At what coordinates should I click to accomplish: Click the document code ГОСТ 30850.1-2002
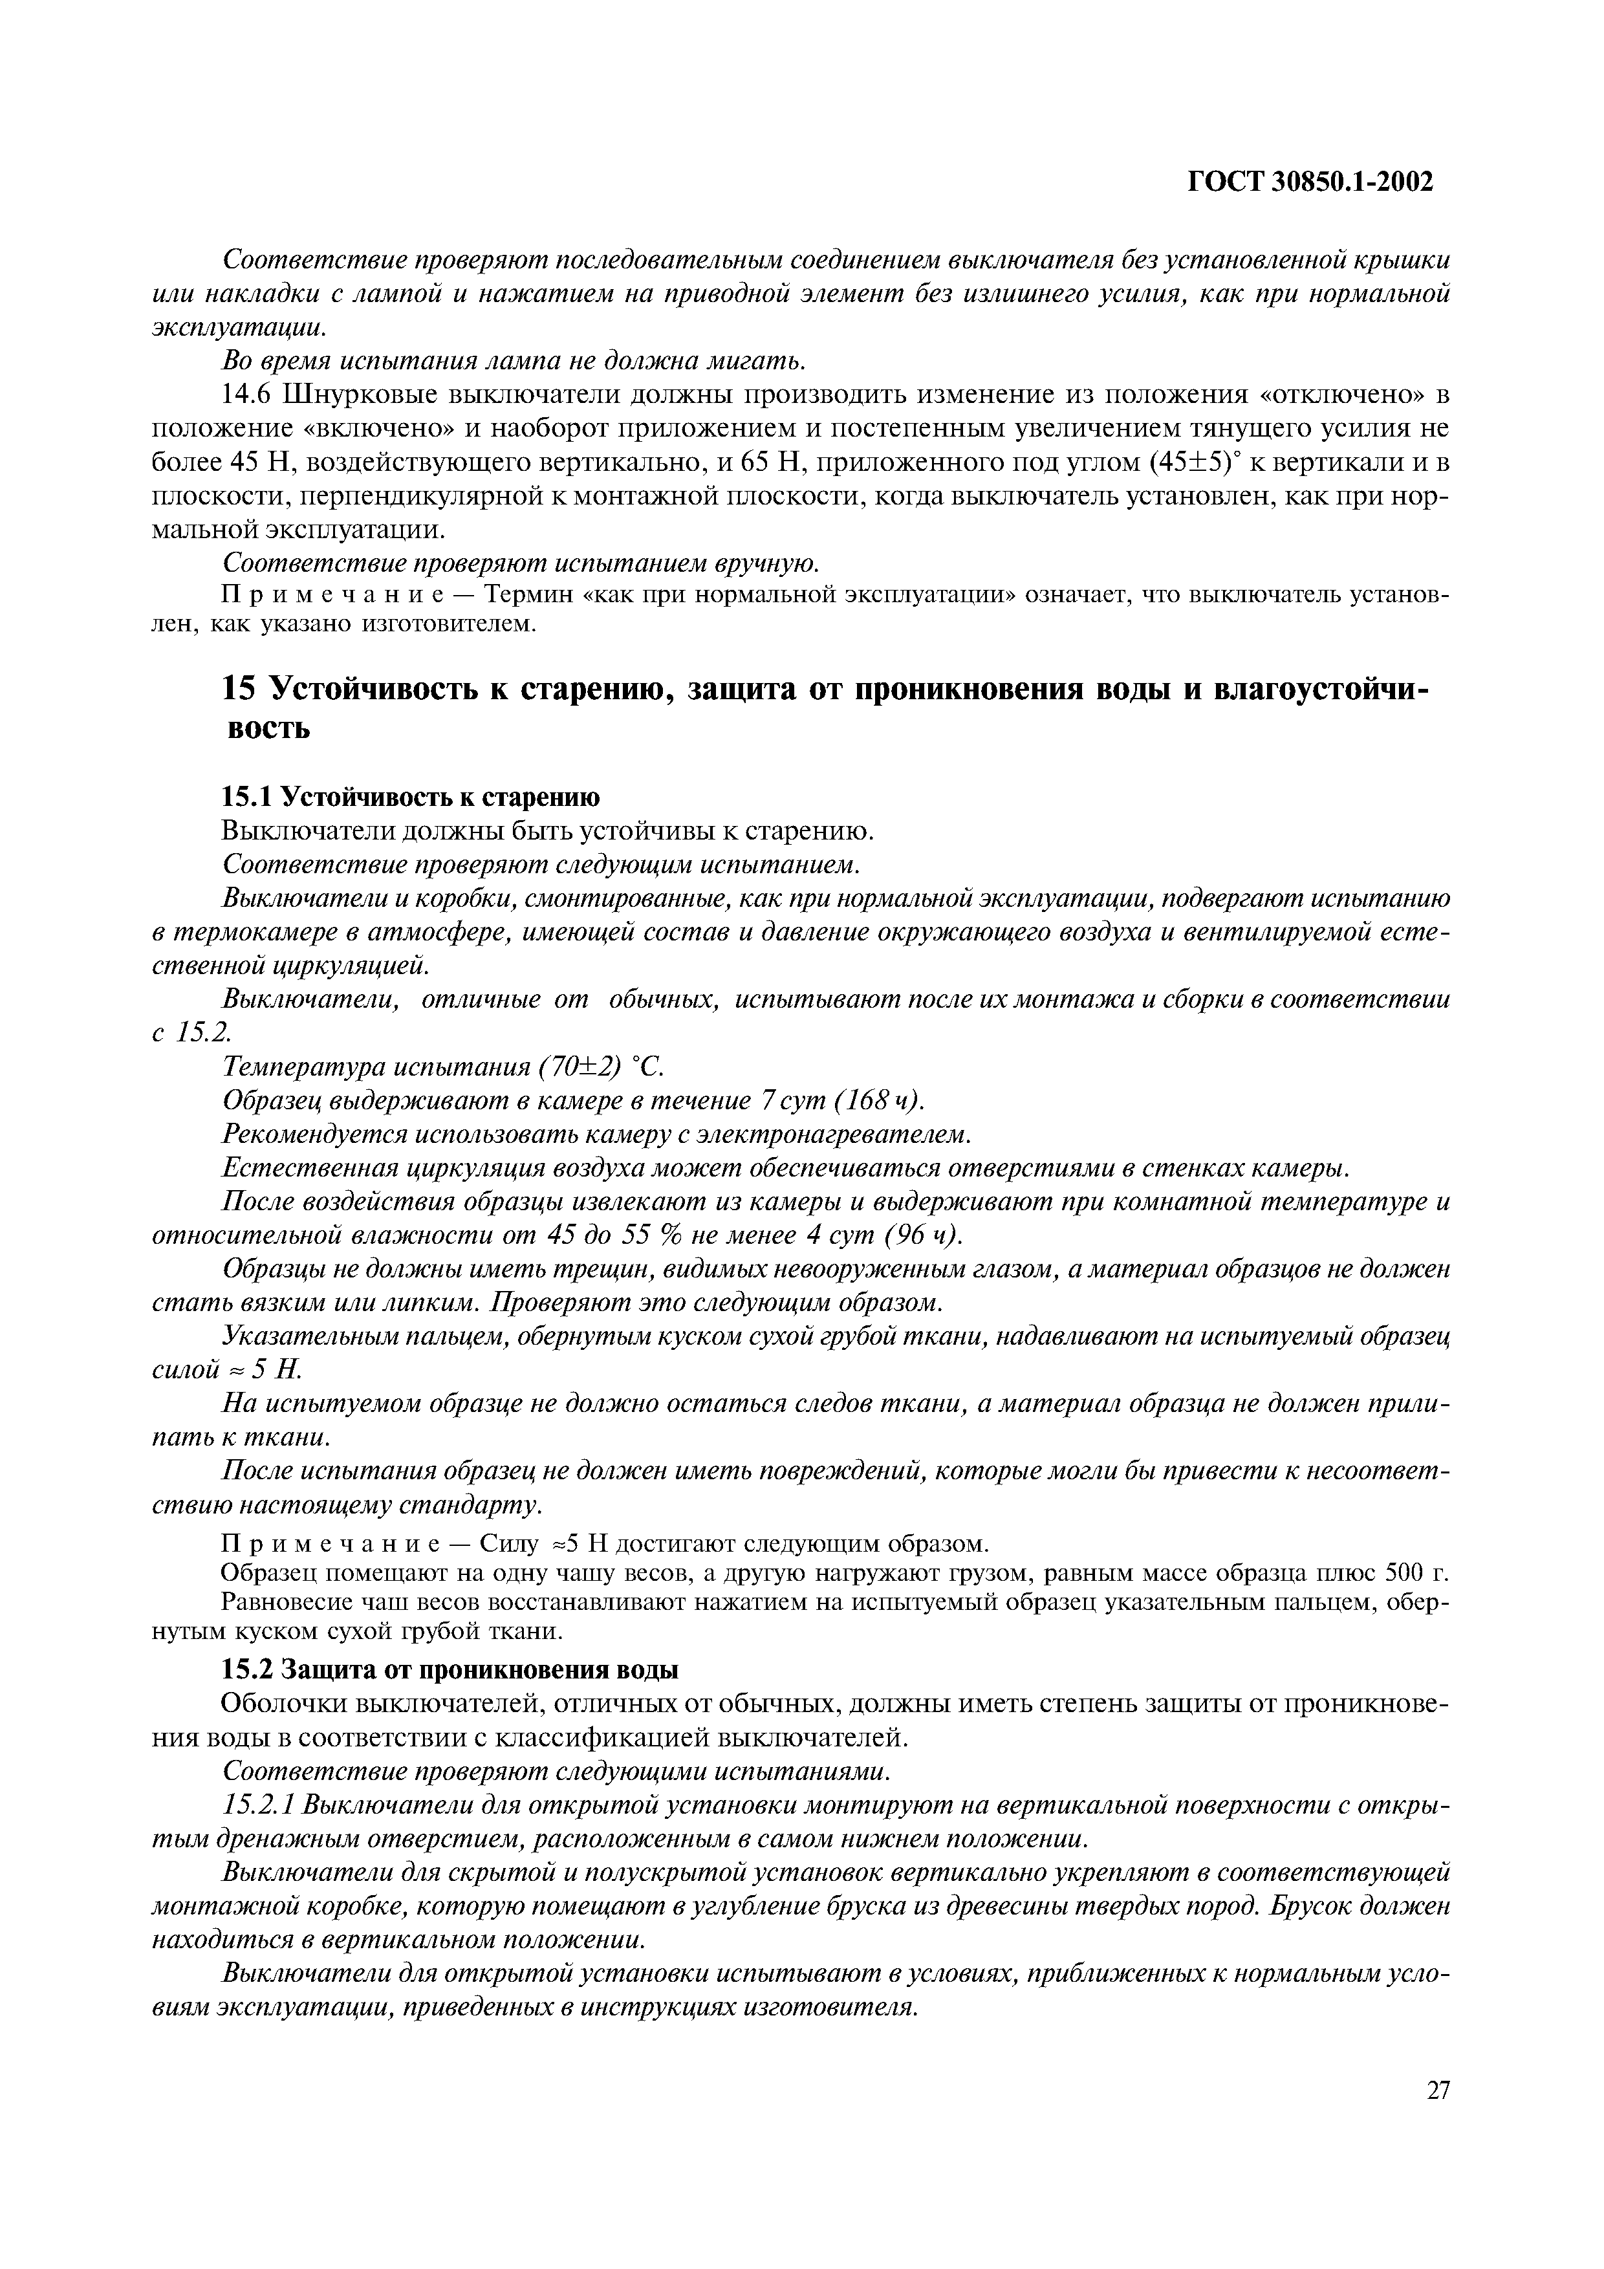[x=1310, y=182]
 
